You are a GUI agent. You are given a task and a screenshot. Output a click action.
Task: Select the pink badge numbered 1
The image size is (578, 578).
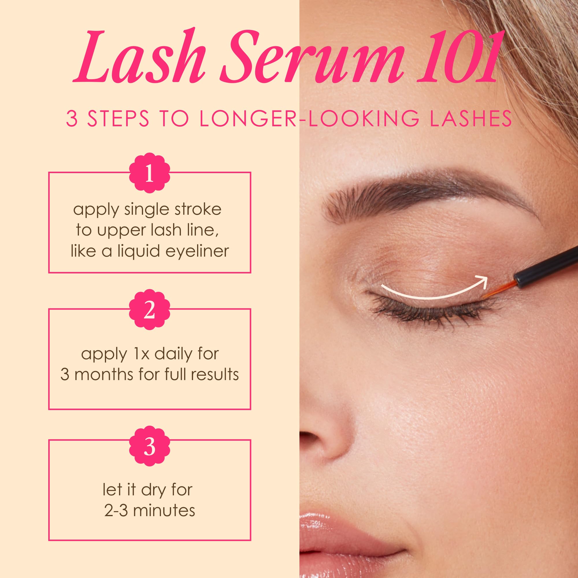pyautogui.click(x=150, y=175)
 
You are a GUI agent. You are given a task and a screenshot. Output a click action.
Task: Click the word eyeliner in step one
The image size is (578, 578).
pyautogui.click(x=197, y=251)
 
